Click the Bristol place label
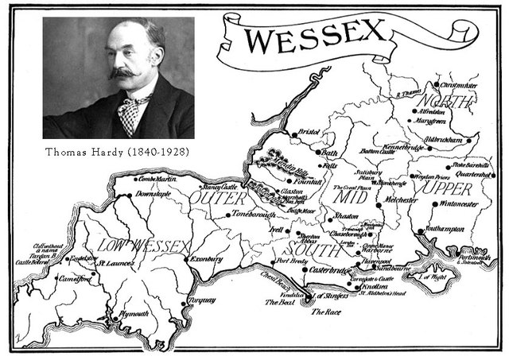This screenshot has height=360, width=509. click(308, 132)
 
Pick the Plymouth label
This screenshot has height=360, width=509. click(134, 314)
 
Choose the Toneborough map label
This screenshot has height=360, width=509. click(254, 215)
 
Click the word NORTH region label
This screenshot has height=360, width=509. click(446, 102)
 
